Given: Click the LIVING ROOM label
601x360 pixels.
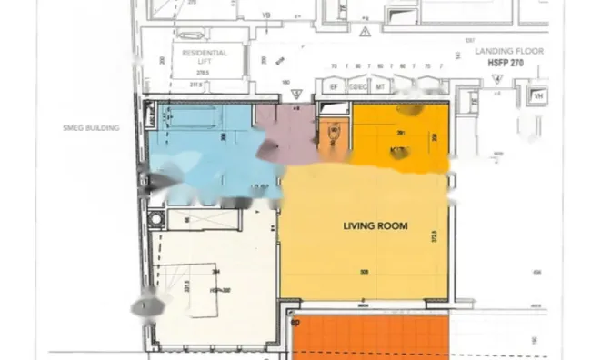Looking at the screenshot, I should coord(375,225).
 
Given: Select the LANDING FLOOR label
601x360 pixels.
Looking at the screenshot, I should coord(508,52).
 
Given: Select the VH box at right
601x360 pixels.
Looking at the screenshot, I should coord(538,95).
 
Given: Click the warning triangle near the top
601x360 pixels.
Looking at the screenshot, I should coord(365,32).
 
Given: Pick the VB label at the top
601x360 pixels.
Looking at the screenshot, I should coord(267,15).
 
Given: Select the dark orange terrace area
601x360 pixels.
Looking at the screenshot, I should coord(374,337).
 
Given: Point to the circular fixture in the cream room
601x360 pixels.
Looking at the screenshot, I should coord(160,219).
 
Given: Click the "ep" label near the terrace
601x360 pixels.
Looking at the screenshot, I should coord(294,321).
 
